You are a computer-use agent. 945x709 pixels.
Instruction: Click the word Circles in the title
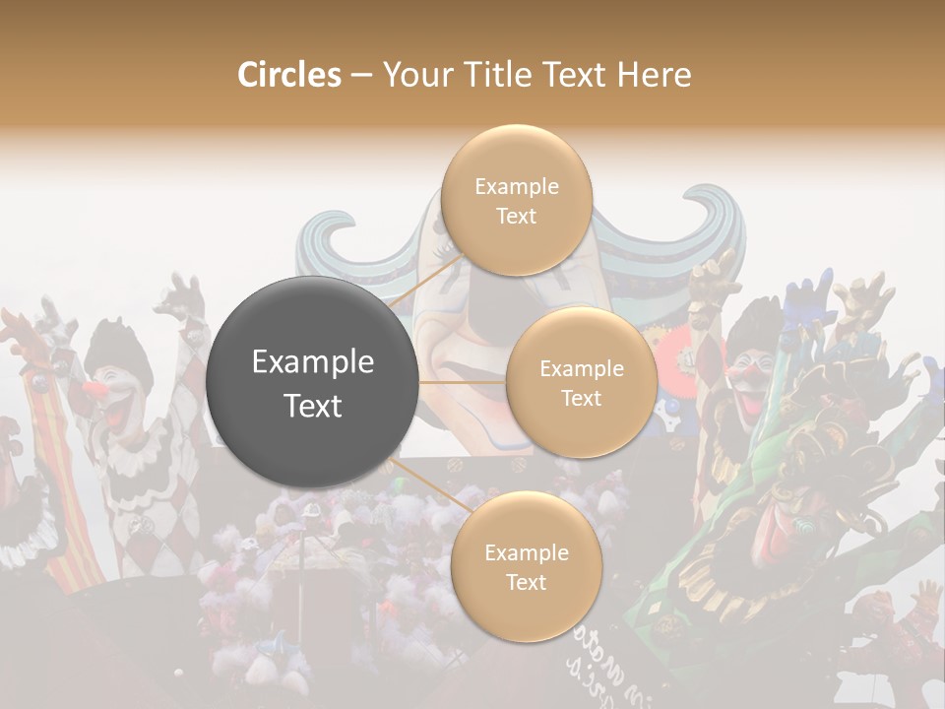click(288, 75)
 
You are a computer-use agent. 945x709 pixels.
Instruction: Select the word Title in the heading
click(506, 75)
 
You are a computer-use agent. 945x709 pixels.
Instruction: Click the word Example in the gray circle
click(312, 362)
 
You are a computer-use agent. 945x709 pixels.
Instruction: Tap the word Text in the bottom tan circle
click(526, 583)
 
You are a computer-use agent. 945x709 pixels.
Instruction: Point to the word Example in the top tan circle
click(516, 187)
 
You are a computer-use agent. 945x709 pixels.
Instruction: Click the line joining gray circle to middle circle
click(463, 382)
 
